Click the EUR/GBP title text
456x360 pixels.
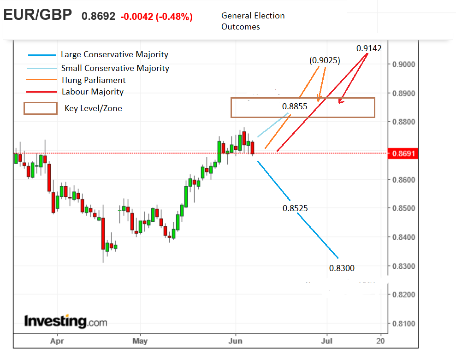click(38, 15)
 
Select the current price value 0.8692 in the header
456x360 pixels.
click(98, 17)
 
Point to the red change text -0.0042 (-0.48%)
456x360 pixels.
click(156, 17)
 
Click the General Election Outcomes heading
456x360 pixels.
click(253, 21)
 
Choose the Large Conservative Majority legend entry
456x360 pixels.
click(114, 54)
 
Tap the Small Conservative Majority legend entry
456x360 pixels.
click(115, 68)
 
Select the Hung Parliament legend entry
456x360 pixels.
click(93, 80)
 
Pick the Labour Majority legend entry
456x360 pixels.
click(92, 92)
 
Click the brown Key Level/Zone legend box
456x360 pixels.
click(41, 108)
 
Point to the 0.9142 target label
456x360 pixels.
click(369, 48)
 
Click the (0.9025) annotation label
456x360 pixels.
click(325, 60)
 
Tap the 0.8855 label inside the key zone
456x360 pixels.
click(295, 106)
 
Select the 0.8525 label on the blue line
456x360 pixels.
click(295, 208)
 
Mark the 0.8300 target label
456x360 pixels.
click(342, 268)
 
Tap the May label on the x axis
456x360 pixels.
click(140, 341)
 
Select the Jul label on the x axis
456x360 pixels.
click(327, 341)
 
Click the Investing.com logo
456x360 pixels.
click(65, 321)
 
